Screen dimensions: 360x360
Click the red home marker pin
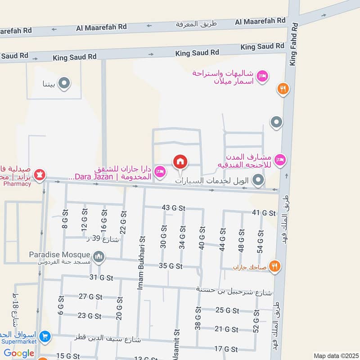(180, 162)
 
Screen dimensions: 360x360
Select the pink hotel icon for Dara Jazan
(160, 171)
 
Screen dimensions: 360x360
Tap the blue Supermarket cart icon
(45, 336)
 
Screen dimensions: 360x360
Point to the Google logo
(19, 353)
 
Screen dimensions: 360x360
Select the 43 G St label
(173, 208)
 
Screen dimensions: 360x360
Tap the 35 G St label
(171, 266)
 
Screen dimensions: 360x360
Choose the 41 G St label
(263, 212)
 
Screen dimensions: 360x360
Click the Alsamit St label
(175, 347)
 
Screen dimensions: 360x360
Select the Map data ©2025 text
(335, 355)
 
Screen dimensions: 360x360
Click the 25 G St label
(226, 310)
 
